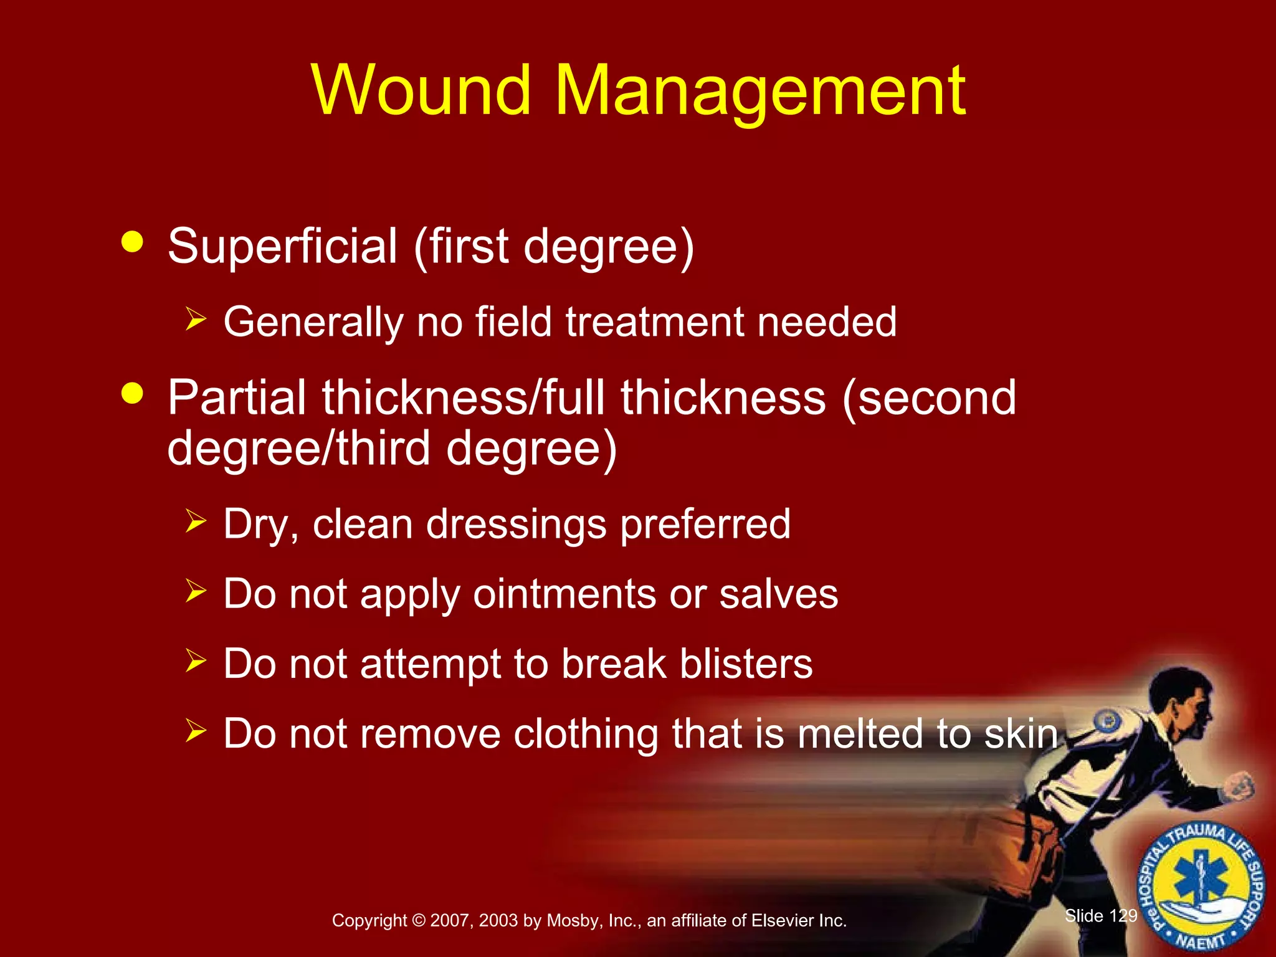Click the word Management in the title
759,91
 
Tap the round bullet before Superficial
133,242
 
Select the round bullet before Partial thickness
133,393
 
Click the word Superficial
282,246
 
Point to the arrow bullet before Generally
196,320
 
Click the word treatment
654,322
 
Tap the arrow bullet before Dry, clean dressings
196,521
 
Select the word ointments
564,594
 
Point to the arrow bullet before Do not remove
196,730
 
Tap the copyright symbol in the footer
418,921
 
